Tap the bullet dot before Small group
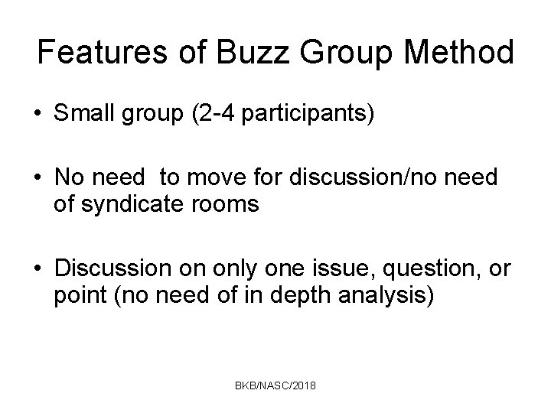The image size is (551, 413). point(37,115)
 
